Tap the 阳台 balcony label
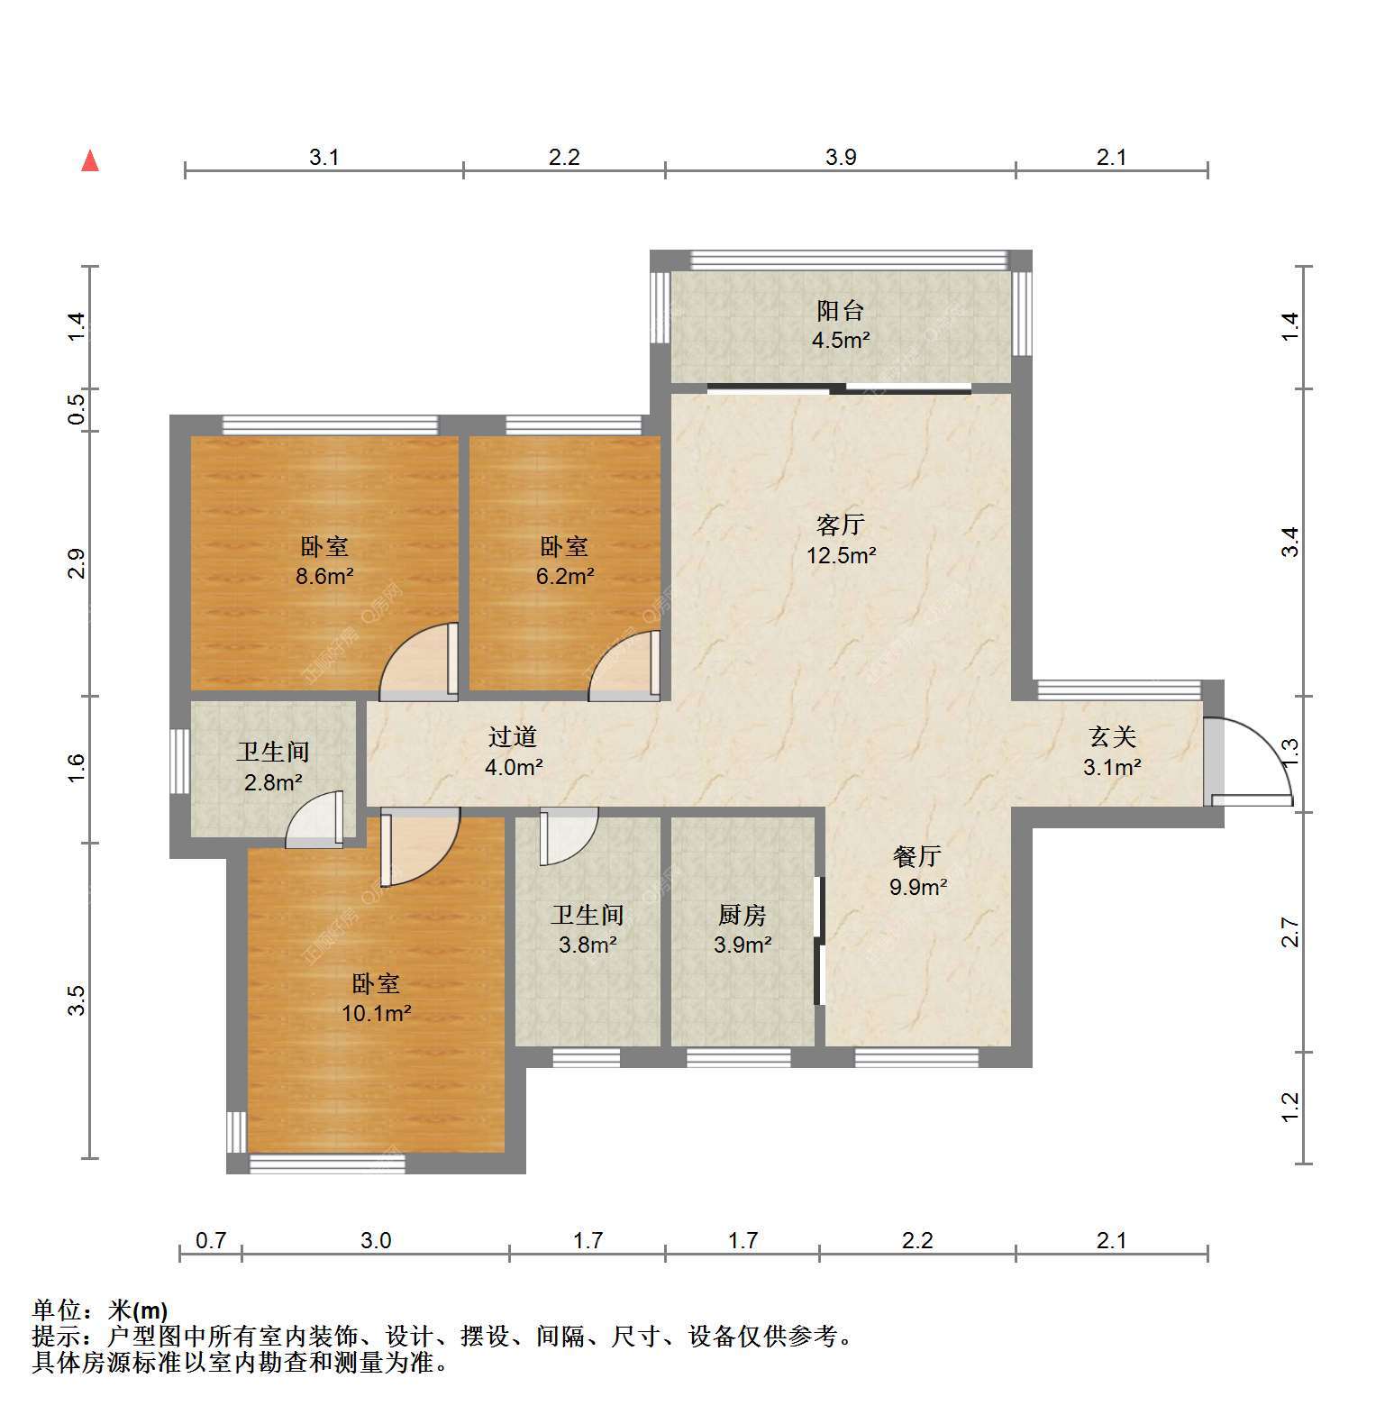(840, 311)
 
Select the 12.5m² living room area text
(841, 555)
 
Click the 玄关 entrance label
(1112, 737)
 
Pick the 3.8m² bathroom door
(569, 837)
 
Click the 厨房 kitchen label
(742, 916)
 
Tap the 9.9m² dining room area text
(918, 887)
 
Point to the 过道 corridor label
(512, 737)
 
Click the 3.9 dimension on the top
(841, 158)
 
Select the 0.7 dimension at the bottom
(211, 1241)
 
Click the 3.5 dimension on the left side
(77, 1000)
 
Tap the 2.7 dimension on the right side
(1290, 932)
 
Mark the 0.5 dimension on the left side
(77, 410)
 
